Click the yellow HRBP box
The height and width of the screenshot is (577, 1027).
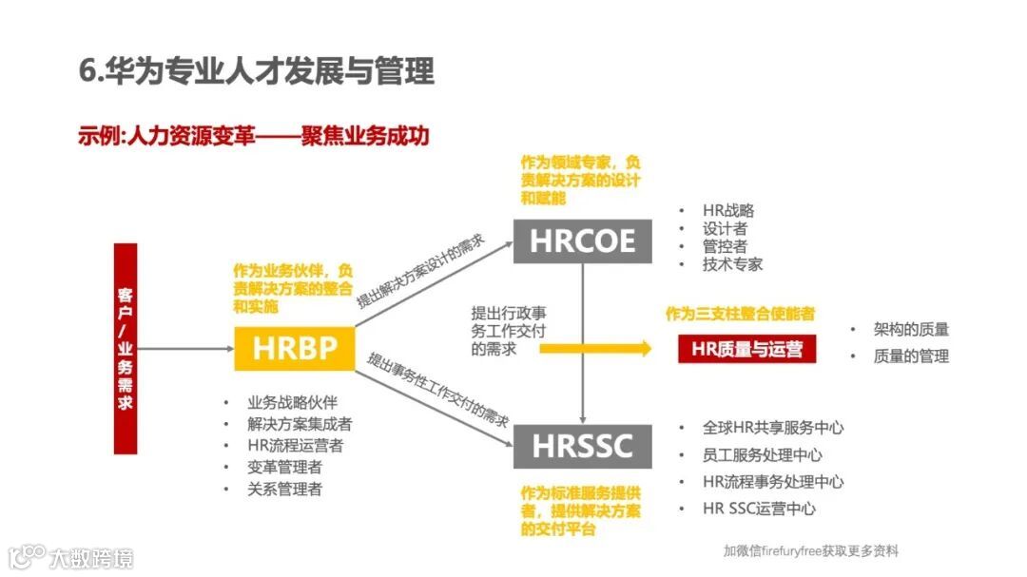[295, 349]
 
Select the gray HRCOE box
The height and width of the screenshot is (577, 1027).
[582, 240]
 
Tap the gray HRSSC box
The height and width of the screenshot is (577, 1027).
[582, 446]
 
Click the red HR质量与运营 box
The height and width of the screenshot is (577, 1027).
[747, 349]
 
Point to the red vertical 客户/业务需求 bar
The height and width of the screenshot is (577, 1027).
[125, 348]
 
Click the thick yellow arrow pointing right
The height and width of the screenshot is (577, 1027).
[595, 349]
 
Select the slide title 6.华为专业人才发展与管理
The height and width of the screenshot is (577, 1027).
[257, 72]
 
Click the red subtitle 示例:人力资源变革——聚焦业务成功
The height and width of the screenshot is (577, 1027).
[254, 136]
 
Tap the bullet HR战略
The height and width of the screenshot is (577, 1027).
[728, 210]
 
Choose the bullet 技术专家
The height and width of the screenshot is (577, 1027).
[732, 264]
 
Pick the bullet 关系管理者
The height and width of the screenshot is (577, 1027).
[284, 489]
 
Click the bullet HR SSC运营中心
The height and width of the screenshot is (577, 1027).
[759, 509]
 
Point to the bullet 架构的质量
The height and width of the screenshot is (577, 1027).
[911, 330]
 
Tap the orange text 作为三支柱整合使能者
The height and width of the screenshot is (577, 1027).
[740, 314]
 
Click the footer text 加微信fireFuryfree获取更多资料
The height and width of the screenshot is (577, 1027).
[810, 551]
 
